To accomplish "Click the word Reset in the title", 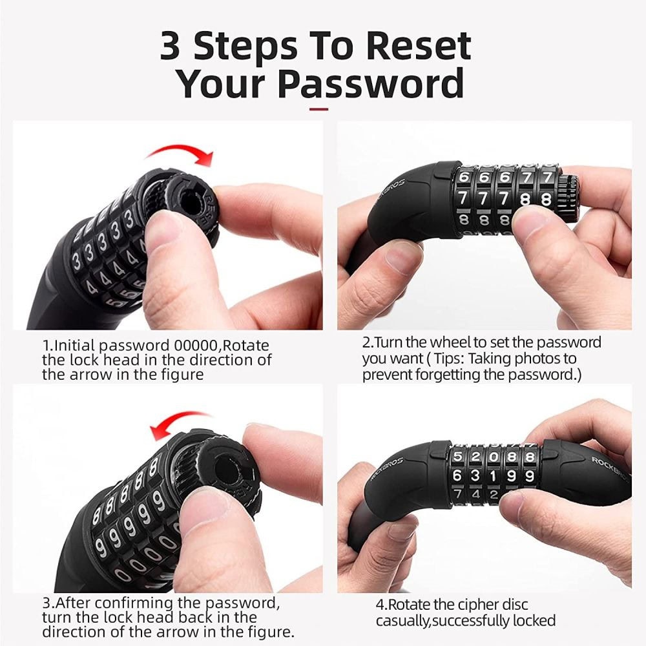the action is point(418,46).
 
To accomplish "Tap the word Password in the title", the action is point(370,83).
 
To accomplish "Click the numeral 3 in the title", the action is point(170,46).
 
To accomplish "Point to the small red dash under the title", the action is point(319,109).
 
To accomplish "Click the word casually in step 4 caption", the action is point(402,620).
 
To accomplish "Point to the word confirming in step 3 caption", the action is point(136,603).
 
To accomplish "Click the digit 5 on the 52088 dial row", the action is point(457,457).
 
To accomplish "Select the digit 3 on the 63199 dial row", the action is point(475,476).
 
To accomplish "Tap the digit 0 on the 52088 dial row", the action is point(493,457).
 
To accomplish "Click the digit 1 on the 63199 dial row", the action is point(493,476).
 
